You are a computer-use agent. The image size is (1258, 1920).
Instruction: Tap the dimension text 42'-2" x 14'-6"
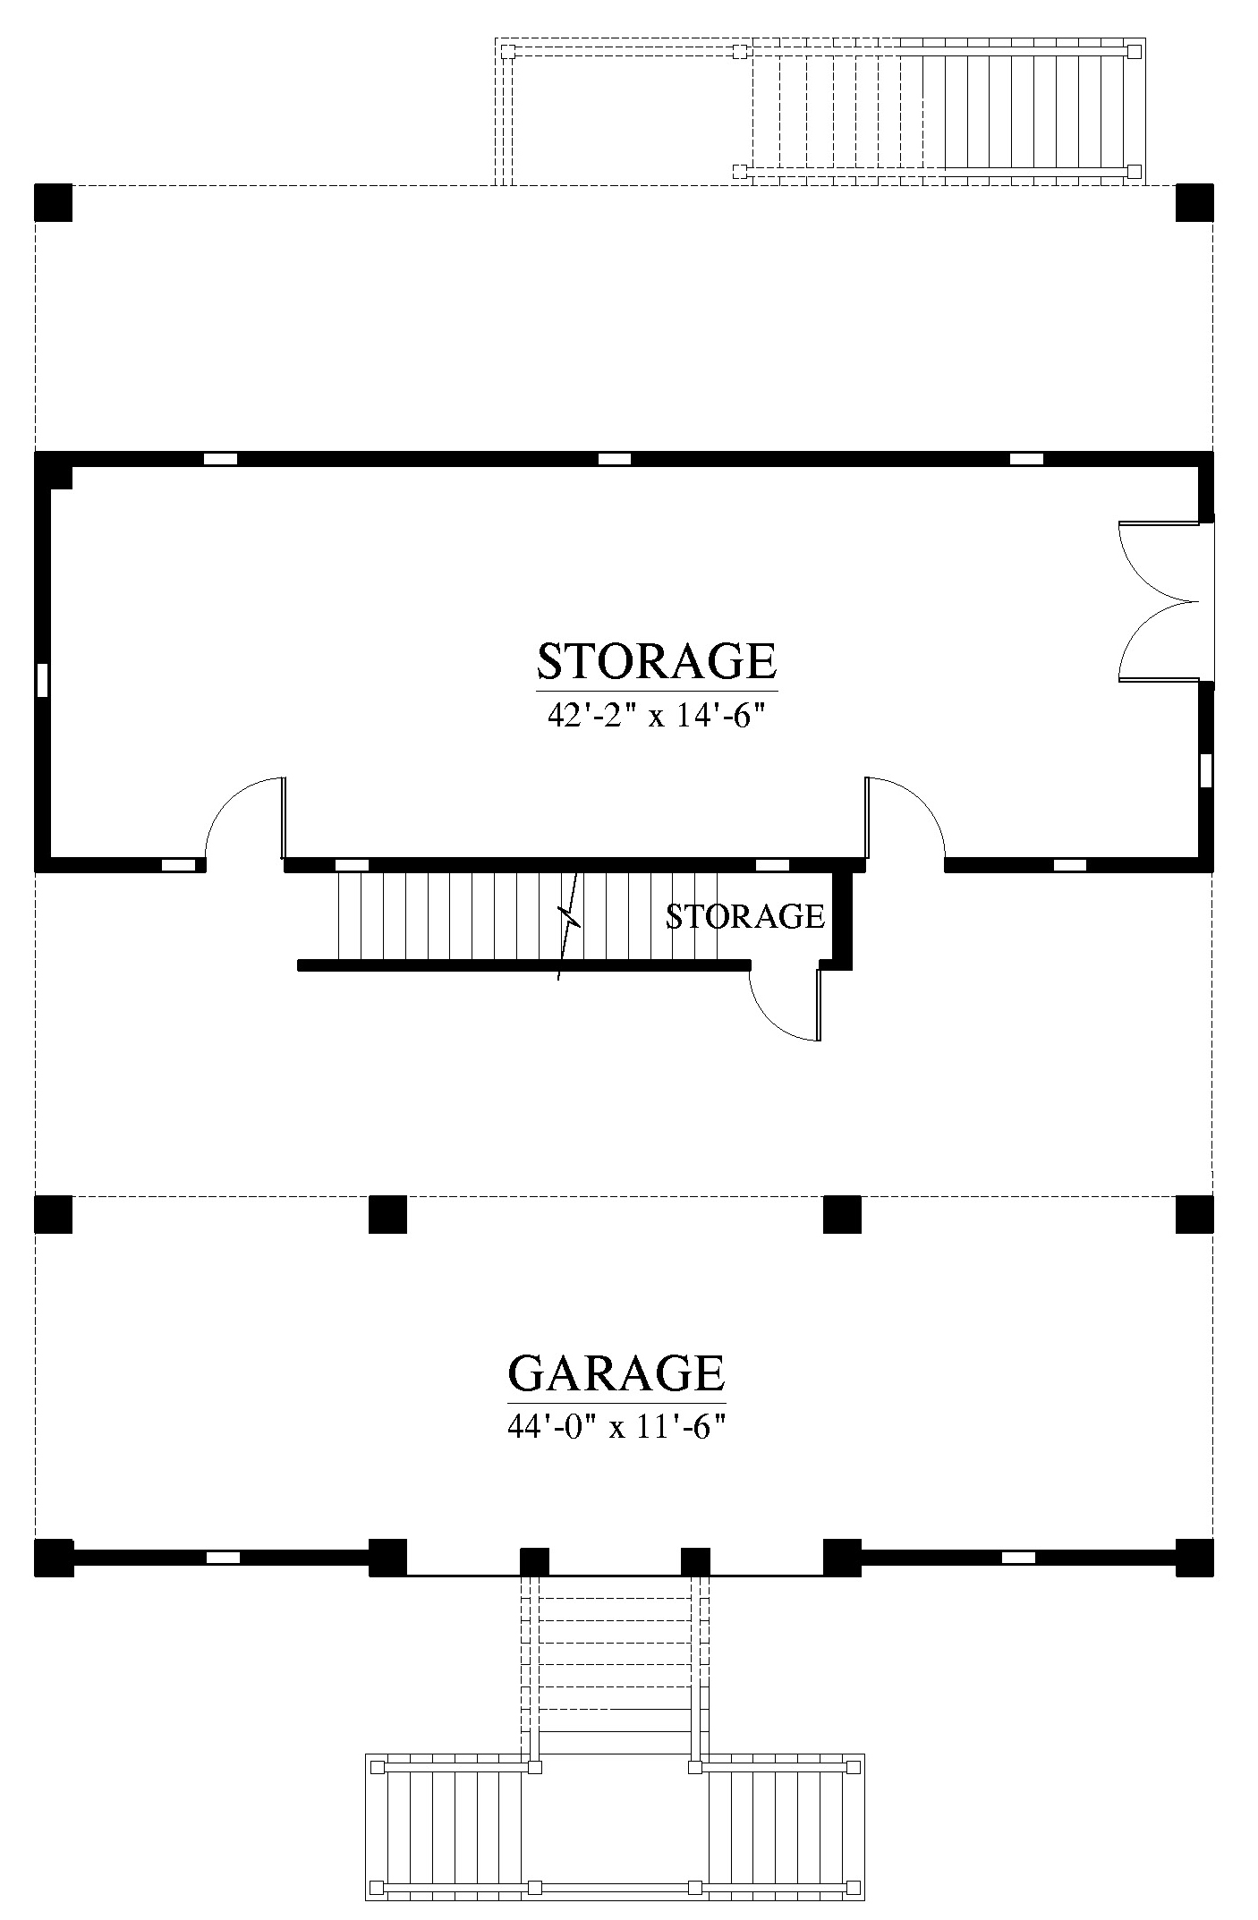[657, 716]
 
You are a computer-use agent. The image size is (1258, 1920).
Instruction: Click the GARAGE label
[616, 1372]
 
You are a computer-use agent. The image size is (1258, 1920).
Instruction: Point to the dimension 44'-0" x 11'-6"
[616, 1427]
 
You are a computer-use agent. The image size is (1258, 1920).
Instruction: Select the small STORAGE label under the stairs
[745, 916]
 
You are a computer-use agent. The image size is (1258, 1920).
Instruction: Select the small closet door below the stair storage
[785, 1004]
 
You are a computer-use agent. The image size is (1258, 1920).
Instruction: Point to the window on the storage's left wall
[42, 680]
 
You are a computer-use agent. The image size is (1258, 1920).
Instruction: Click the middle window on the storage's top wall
[615, 459]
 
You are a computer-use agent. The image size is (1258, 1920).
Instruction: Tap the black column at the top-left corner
[53, 202]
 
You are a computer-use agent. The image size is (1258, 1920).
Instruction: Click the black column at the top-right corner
[1194, 202]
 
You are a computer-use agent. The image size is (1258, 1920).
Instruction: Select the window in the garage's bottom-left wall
[224, 1558]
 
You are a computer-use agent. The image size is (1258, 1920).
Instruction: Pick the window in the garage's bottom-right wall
[1018, 1558]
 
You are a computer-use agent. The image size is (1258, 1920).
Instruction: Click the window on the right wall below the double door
[1206, 770]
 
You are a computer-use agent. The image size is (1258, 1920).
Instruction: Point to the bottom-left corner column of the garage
[53, 1558]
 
